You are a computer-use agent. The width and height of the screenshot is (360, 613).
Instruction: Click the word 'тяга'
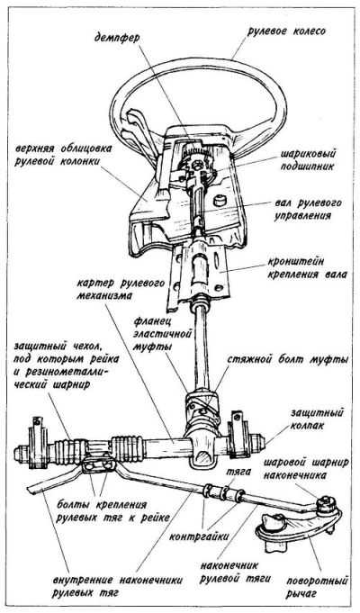tap(236, 471)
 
